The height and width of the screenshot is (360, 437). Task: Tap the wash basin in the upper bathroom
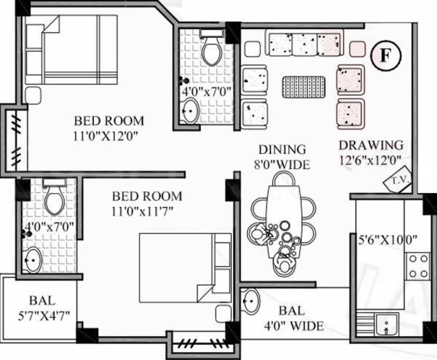pyautogui.click(x=190, y=111)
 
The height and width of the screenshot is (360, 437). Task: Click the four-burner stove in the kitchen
pyautogui.click(x=418, y=265)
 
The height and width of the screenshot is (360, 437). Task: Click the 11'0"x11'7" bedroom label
pyautogui.click(x=147, y=203)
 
